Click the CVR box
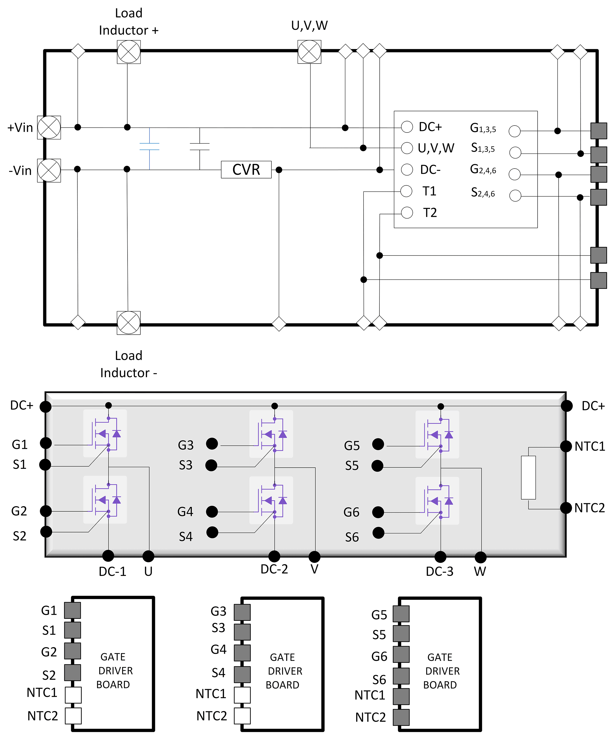246,170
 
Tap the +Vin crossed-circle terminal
49,127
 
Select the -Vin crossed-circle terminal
49,170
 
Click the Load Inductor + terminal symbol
129,52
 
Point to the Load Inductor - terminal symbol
129,323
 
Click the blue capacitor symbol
150,147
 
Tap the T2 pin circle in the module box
407,213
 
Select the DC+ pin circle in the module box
407,127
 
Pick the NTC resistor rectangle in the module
528,478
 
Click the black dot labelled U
148,556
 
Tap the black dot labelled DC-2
274,556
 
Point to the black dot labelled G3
212,444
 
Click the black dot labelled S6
378,533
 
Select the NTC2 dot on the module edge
566,508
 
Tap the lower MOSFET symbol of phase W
438,501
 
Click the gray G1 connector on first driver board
72,610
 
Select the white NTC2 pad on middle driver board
242,716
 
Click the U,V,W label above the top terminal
309,25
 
